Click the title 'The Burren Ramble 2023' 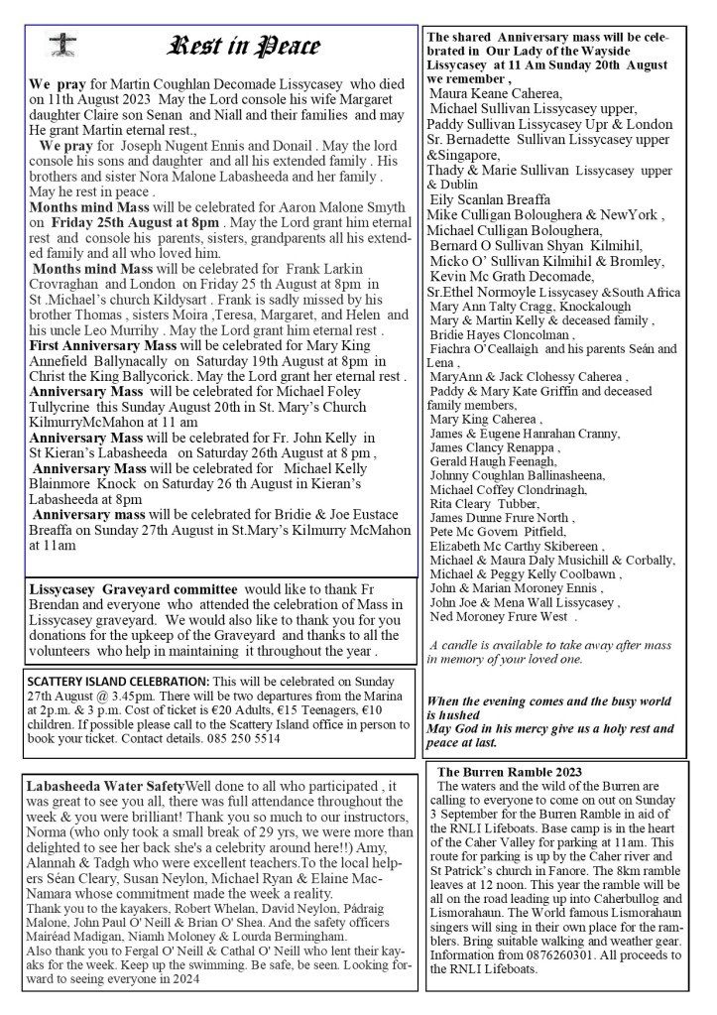(510, 772)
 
